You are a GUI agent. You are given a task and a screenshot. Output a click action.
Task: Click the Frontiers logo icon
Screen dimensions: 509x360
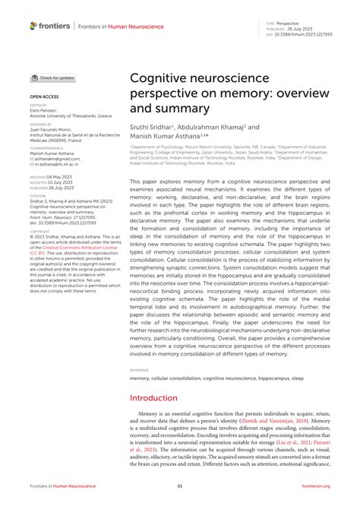click(33, 26)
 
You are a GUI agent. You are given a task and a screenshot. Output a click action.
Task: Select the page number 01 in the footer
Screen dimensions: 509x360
click(180, 485)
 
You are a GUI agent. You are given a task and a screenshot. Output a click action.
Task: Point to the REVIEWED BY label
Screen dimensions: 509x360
click(41, 122)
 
